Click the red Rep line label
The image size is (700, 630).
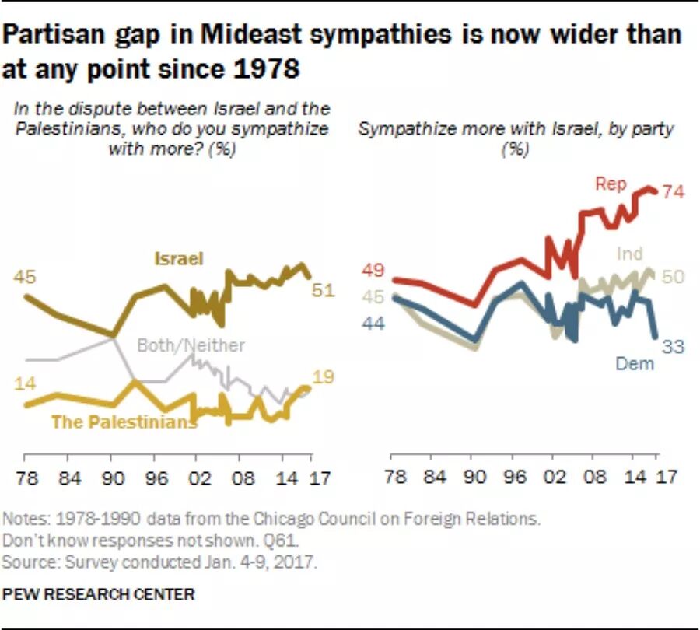click(611, 184)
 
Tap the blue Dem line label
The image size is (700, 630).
click(635, 362)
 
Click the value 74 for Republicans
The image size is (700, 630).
click(673, 192)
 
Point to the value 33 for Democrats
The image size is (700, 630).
click(673, 346)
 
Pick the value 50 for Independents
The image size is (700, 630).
click(673, 278)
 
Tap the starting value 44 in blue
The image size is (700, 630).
click(374, 323)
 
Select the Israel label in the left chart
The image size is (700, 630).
click(178, 258)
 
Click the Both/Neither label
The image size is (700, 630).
click(191, 345)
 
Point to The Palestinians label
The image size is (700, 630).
click(123, 422)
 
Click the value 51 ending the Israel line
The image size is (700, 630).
click(323, 290)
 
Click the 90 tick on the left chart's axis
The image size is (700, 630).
click(113, 477)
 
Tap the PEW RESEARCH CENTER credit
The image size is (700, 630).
click(99, 593)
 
